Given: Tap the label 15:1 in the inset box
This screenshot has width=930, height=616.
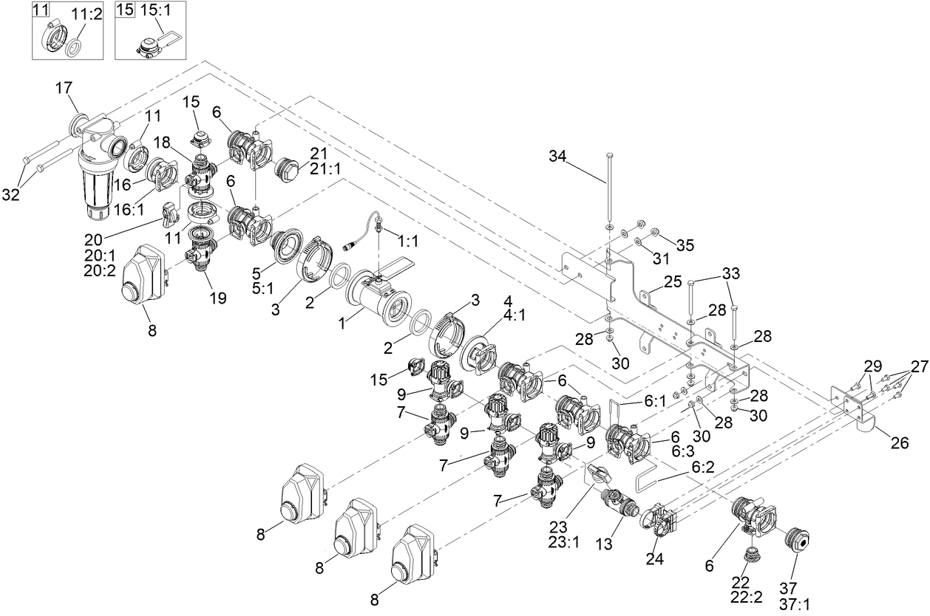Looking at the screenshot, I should (x=152, y=13).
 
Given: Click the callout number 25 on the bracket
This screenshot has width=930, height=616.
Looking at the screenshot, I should (x=672, y=281).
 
